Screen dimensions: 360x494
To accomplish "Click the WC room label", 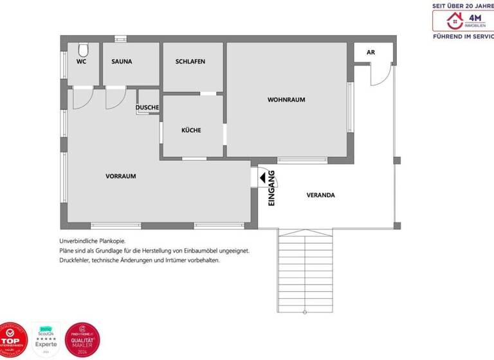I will tap(82, 62).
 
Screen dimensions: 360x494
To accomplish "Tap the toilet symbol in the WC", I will tap(82, 50).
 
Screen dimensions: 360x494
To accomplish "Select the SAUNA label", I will tap(122, 62).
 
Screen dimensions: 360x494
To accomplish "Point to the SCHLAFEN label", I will tap(190, 62).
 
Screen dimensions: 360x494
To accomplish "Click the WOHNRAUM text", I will tap(286, 100).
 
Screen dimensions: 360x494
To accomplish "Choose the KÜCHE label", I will tap(191, 130).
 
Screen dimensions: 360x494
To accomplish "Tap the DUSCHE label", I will tap(147, 107).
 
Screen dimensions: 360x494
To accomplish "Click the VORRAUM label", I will tap(121, 176).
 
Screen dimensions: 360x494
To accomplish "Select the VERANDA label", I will tap(320, 195).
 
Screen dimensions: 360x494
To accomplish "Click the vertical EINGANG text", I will tap(271, 188).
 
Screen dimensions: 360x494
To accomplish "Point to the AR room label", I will tap(370, 52).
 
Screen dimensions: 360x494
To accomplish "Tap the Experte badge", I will tap(46, 339).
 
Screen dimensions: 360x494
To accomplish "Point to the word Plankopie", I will tap(101, 240).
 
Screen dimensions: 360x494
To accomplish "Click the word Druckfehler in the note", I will tap(74, 260).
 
